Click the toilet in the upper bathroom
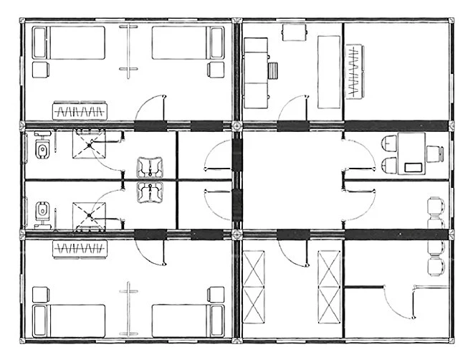42,149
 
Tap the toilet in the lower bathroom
42,211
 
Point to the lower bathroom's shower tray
89,214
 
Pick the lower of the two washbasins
151,192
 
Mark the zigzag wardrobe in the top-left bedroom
80,113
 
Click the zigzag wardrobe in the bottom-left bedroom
80,250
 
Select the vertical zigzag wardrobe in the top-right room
355,71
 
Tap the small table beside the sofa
273,70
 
